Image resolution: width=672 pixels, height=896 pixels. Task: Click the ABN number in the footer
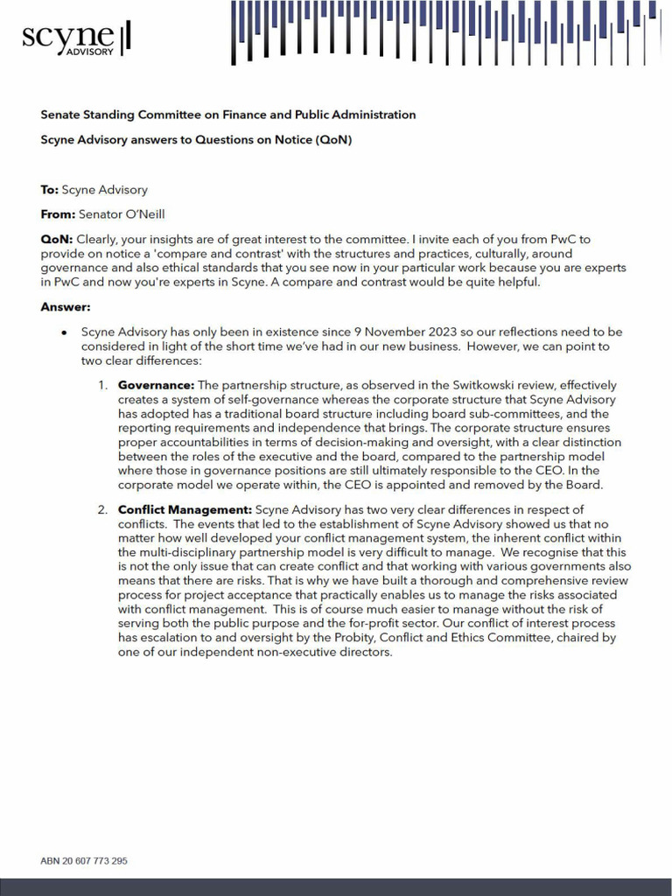tap(84, 861)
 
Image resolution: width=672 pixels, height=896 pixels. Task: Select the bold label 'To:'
tap(50, 190)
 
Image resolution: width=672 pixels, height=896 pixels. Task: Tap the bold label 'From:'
tap(58, 214)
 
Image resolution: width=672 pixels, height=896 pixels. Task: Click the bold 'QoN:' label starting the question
tap(58, 239)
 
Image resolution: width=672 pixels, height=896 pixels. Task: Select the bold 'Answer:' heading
tap(66, 307)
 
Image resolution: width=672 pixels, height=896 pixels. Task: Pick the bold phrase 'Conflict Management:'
tap(185, 509)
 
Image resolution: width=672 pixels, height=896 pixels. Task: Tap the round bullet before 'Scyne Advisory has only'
tap(65, 333)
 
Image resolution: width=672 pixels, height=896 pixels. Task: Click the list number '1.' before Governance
tap(102, 385)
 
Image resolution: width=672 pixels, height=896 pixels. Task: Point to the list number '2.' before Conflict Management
tap(102, 509)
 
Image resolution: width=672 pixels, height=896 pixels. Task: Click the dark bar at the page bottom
tap(336, 887)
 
